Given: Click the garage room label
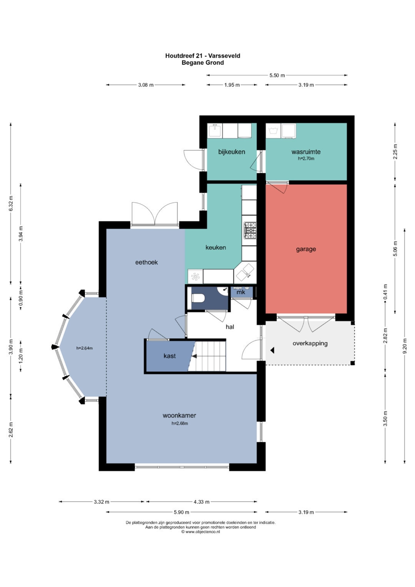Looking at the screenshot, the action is tap(306, 249).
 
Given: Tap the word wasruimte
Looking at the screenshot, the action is tap(306, 152).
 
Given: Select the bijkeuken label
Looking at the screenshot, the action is tap(232, 152).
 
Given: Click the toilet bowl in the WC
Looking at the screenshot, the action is tap(198, 298).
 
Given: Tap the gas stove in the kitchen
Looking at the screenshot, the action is tap(250, 230).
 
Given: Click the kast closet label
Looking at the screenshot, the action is tap(170, 356).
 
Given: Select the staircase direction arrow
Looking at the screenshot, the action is tap(194, 356).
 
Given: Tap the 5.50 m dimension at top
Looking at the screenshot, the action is tap(277, 75).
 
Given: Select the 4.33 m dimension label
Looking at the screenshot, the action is tap(201, 502).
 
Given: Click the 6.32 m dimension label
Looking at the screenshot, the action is tap(11, 204).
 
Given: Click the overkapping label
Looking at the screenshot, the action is tap(310, 343).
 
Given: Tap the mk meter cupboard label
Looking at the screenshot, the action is tap(241, 292).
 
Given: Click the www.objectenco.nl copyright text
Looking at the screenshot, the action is tap(201, 532).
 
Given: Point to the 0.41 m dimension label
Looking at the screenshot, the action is tap(385, 292).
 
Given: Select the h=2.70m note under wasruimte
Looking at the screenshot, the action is tap(306, 159).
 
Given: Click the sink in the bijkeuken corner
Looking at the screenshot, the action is tap(214, 131).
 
